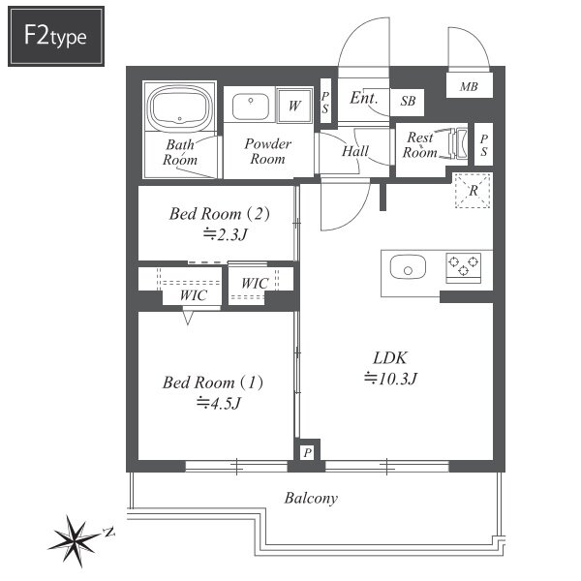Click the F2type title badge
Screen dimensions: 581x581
point(56,37)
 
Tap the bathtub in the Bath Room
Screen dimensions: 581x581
point(180,107)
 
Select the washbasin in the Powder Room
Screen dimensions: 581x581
point(251,107)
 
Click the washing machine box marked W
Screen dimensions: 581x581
point(294,106)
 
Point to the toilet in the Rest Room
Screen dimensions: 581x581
point(457,143)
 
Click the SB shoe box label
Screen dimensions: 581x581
point(408,101)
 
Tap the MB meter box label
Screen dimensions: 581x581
point(469,87)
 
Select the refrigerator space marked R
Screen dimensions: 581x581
point(474,191)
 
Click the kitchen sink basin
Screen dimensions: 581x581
point(408,266)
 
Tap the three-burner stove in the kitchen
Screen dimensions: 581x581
point(463,267)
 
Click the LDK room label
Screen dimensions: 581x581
point(390,358)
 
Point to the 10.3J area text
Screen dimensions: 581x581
point(390,379)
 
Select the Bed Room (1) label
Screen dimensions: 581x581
point(213,382)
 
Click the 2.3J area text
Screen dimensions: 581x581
point(226,234)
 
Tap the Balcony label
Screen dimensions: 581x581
point(311,499)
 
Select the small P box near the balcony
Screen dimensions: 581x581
point(308,452)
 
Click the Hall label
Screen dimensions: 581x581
point(355,151)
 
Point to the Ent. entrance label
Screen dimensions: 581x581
point(364,98)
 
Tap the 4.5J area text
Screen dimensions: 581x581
point(219,403)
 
